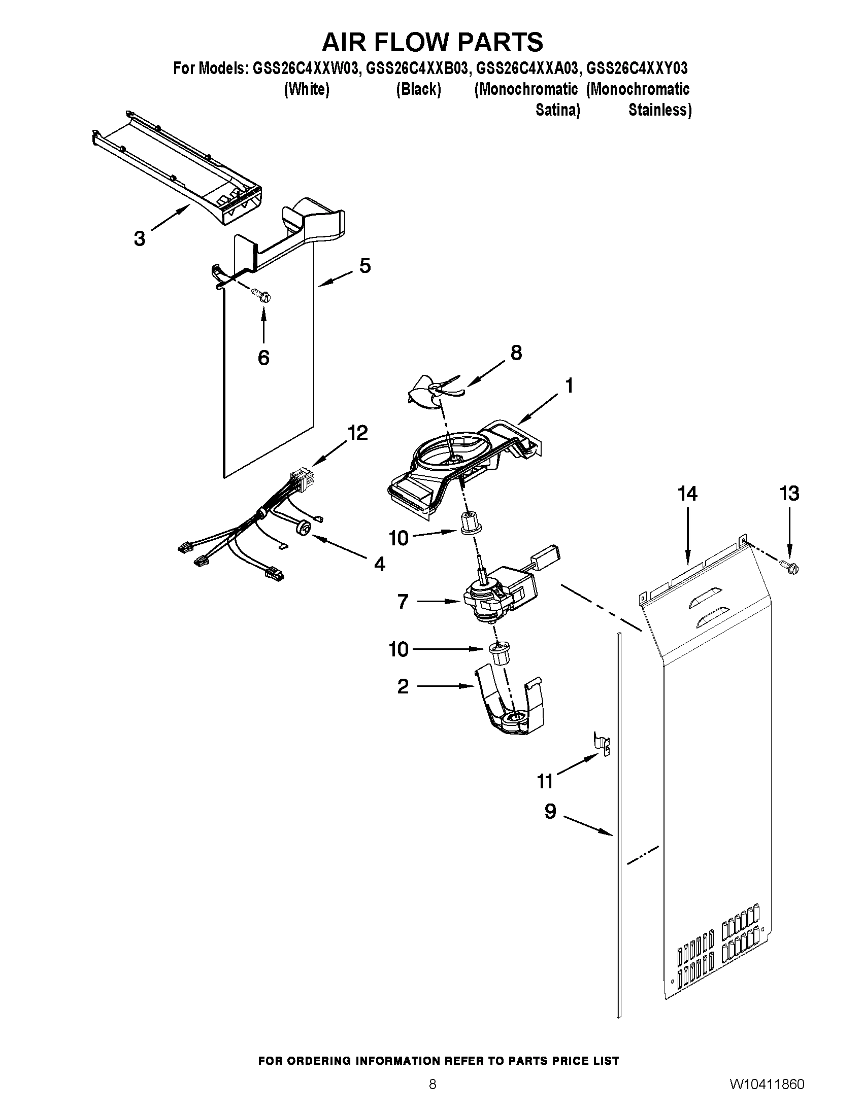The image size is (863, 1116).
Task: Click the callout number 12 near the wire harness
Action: click(357, 433)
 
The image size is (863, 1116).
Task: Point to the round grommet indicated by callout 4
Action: click(303, 528)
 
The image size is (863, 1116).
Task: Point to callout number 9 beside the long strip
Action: click(550, 812)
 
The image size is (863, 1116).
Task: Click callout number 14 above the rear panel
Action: click(687, 494)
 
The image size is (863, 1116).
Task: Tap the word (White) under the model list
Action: click(306, 89)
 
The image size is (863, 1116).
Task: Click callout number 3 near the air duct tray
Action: click(139, 238)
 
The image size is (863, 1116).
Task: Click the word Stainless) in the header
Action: click(659, 110)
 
